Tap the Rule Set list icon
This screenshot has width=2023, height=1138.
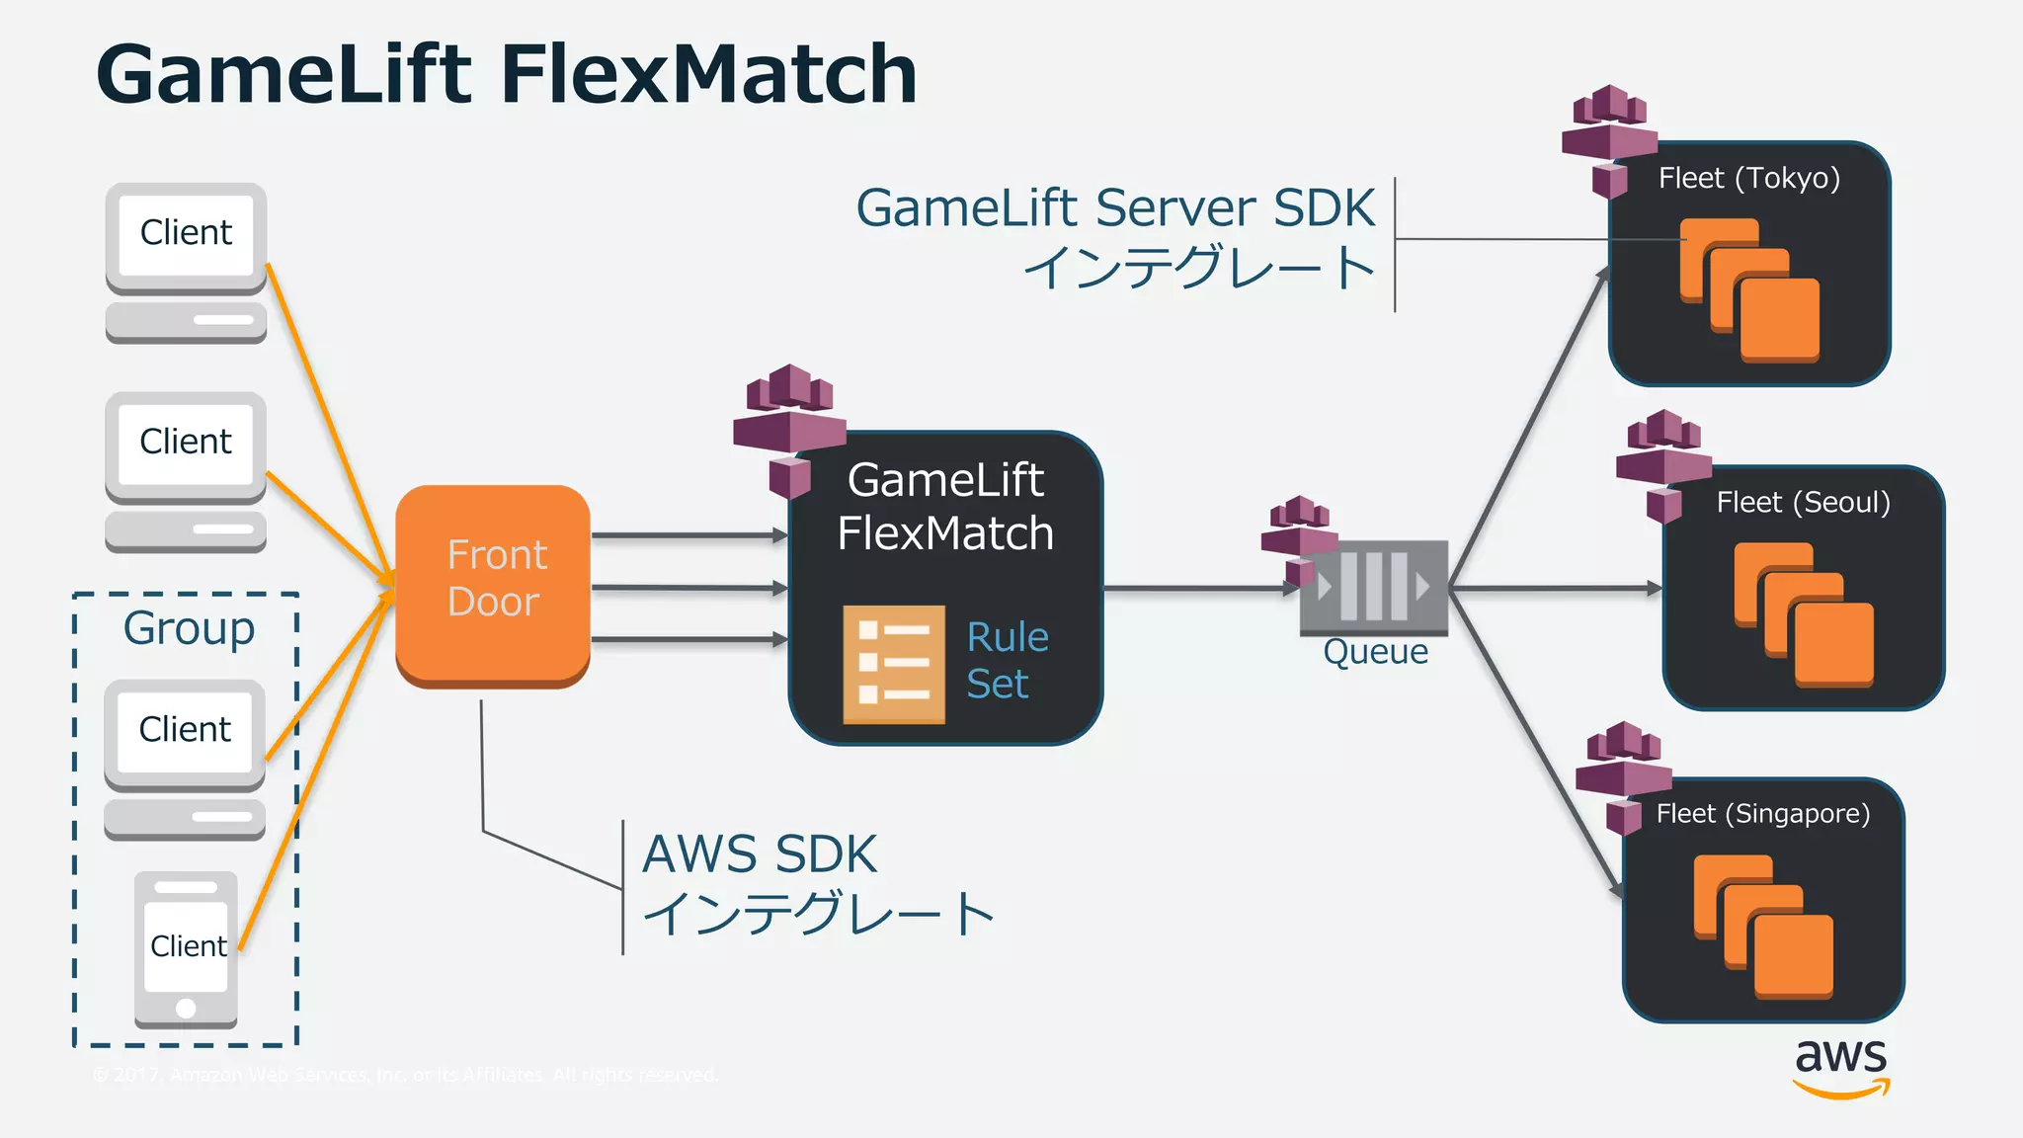[893, 664]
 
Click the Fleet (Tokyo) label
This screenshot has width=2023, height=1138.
[1748, 178]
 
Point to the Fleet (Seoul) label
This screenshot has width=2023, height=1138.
[1803, 502]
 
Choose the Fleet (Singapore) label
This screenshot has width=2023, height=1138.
[1762, 813]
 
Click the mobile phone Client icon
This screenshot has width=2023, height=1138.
[186, 948]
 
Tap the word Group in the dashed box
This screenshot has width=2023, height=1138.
[189, 628]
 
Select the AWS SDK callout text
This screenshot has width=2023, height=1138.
[759, 854]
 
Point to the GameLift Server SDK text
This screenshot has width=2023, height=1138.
[1114, 208]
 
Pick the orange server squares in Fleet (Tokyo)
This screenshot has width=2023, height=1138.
[1749, 289]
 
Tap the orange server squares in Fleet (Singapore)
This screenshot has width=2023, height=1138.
[1763, 926]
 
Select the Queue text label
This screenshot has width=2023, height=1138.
[1375, 652]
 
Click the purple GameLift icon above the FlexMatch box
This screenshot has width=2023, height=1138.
[788, 427]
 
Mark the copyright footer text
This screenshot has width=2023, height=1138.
[405, 1075]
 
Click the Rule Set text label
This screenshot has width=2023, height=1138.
[1007, 660]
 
